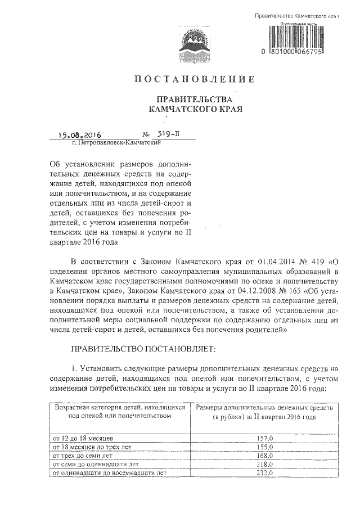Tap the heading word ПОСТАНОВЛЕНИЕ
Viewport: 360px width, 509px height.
pos(193,78)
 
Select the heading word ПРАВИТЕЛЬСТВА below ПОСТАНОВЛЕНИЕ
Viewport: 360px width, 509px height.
pos(193,98)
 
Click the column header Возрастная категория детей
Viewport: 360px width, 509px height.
pos(119,411)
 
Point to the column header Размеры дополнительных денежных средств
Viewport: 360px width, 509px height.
pos(264,411)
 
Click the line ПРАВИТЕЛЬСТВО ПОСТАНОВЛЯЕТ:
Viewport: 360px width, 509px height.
pos(140,349)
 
